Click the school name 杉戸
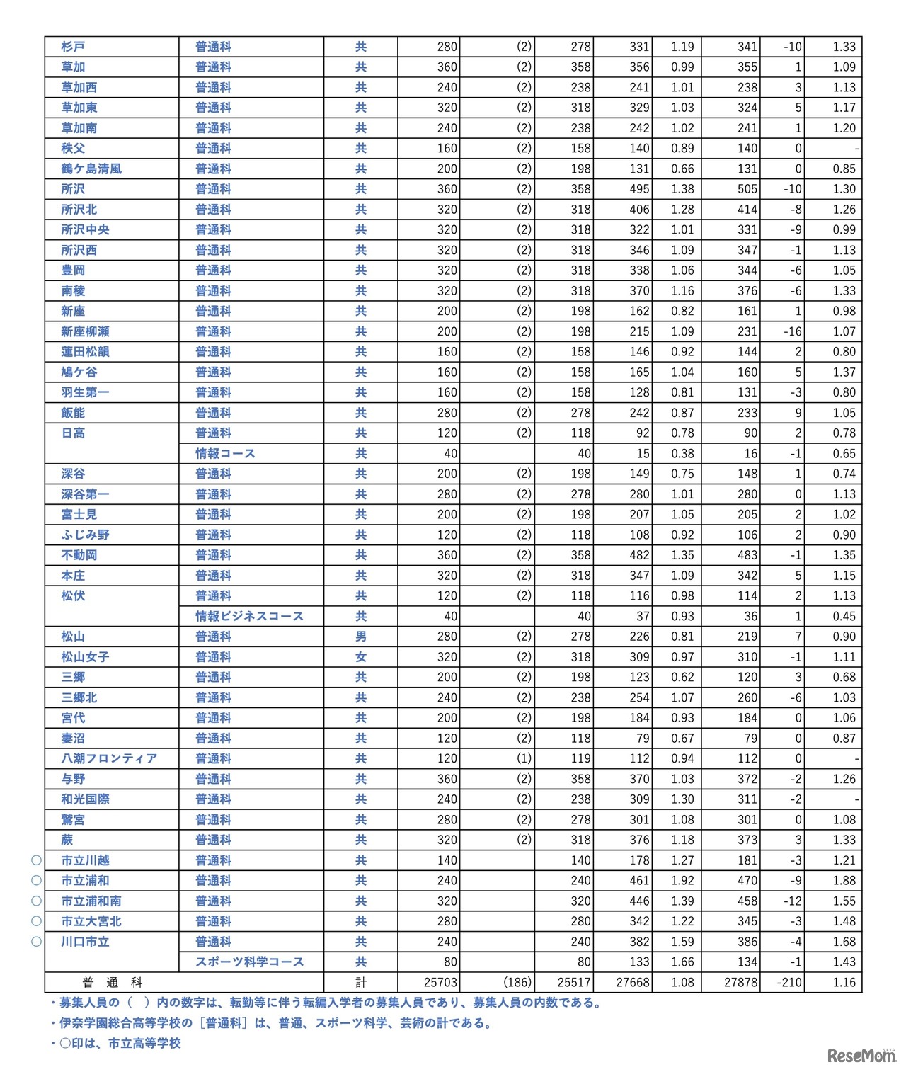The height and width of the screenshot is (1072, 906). point(73,47)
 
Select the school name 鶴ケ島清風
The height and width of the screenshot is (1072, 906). point(91,169)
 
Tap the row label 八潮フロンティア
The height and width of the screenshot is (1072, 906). point(109,758)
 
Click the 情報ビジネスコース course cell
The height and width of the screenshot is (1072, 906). point(250,616)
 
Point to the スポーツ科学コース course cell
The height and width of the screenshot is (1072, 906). point(250,962)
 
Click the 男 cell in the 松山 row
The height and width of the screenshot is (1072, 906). point(361,637)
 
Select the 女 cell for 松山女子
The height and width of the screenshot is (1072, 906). point(361,657)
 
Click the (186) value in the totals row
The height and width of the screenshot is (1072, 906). point(516,982)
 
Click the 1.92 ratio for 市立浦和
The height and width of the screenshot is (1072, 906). point(682,881)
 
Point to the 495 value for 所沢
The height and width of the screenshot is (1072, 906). point(639,189)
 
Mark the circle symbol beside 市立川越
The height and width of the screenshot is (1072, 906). point(36,860)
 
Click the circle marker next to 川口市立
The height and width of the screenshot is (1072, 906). point(36,942)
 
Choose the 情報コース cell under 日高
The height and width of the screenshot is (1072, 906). point(225,453)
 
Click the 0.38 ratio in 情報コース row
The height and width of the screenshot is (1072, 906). point(682,453)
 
